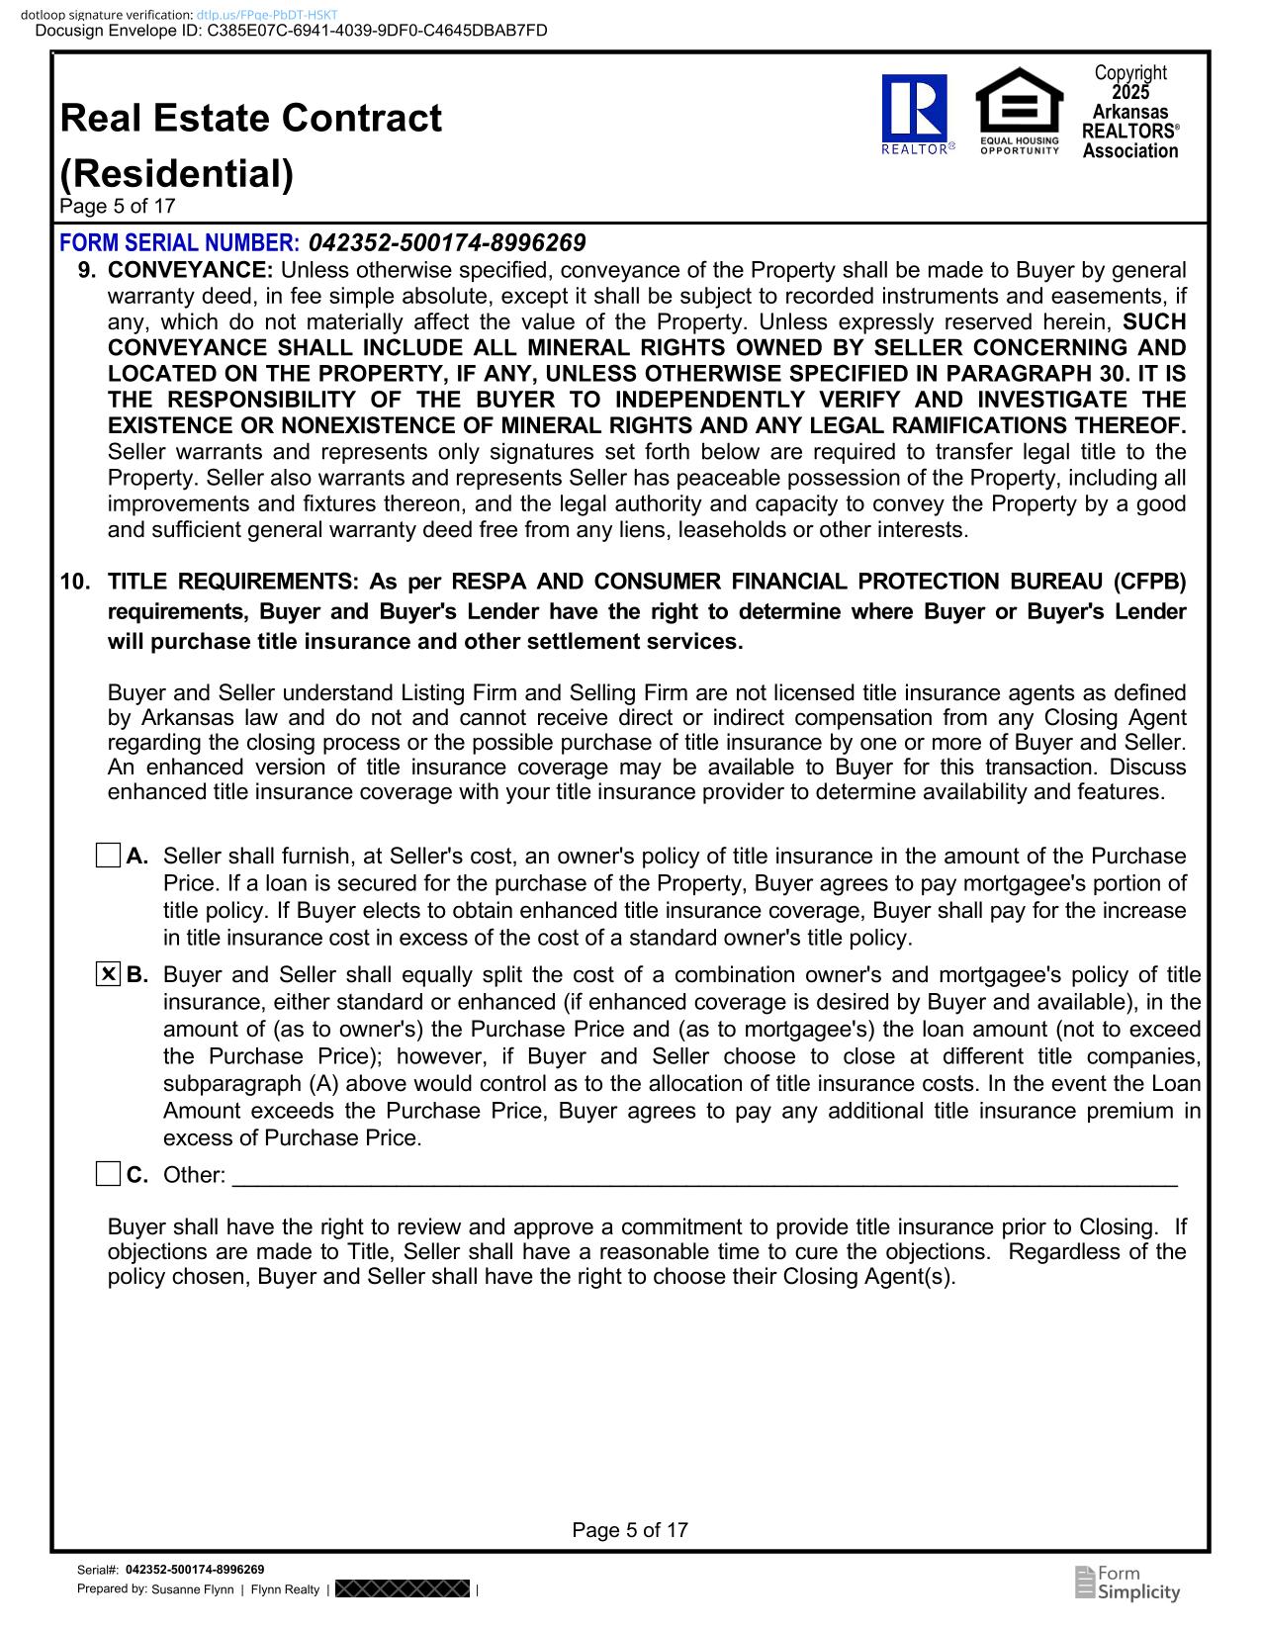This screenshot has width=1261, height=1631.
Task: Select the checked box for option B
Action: click(108, 974)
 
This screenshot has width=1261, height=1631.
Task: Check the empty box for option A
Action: click(108, 856)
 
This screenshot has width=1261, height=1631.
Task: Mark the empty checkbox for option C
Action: click(108, 1174)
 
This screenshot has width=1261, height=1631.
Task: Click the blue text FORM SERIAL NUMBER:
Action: click(179, 242)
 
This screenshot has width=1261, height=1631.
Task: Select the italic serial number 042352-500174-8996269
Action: click(447, 242)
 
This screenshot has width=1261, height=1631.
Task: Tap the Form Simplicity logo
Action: click(1126, 1583)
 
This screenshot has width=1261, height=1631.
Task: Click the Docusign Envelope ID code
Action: click(377, 31)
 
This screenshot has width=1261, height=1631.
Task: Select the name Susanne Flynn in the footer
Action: click(192, 1589)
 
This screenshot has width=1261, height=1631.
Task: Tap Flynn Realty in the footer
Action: click(285, 1589)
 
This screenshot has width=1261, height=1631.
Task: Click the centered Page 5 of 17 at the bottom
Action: click(630, 1530)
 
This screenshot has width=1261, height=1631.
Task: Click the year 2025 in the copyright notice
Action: click(1130, 92)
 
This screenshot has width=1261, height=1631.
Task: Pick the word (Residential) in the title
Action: click(177, 173)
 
